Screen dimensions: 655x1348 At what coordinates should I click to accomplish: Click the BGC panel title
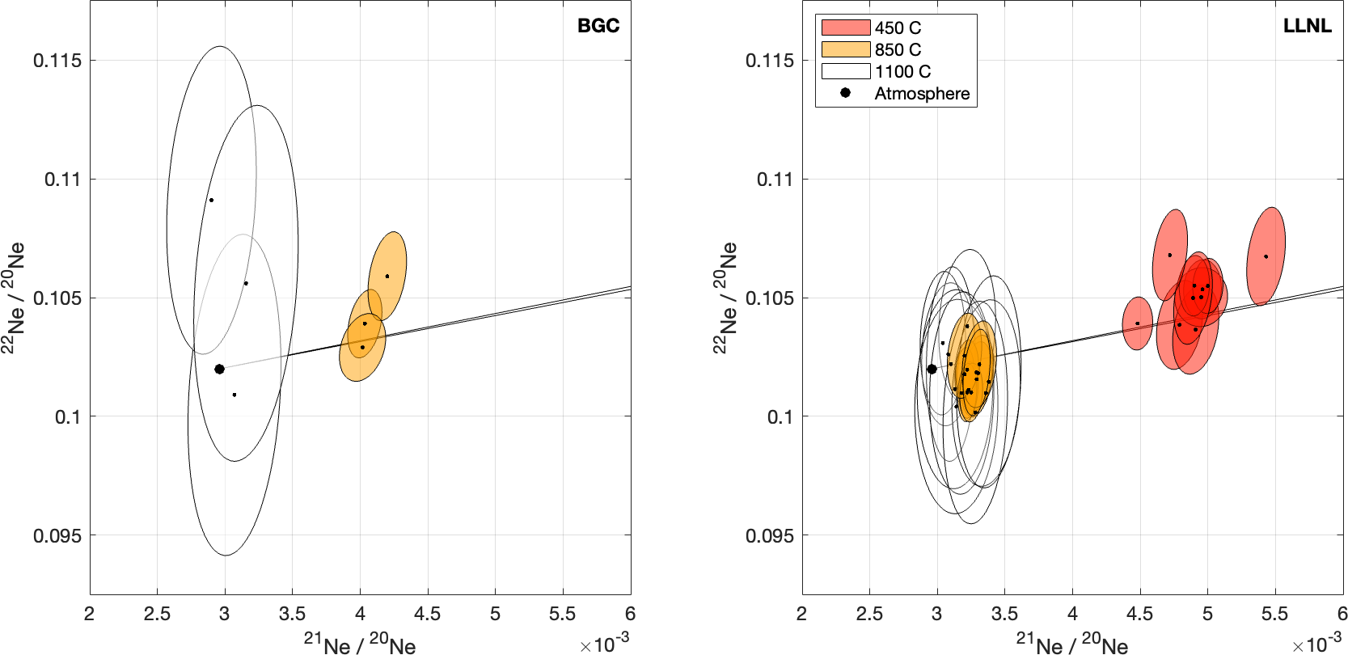tap(598, 26)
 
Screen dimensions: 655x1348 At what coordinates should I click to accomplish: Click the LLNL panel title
tap(1307, 26)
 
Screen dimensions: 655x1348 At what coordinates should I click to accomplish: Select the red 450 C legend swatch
tap(845, 27)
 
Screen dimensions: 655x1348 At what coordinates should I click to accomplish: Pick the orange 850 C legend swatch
tap(845, 49)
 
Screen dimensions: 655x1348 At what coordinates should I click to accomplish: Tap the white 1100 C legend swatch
tap(845, 71)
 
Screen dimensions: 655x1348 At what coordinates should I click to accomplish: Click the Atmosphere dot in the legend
tap(845, 93)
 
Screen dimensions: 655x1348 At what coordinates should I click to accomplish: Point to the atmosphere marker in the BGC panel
tap(219, 369)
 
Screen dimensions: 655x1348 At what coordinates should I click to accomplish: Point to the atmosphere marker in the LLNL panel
tap(932, 369)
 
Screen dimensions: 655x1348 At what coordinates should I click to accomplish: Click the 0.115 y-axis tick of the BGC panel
tap(57, 61)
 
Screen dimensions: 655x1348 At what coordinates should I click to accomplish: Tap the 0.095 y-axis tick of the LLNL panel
tap(770, 535)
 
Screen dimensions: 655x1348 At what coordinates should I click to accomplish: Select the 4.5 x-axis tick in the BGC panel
tap(427, 614)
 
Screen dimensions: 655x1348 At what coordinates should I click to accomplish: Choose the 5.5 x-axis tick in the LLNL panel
tap(1274, 614)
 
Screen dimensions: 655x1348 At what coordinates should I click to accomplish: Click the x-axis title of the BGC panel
tap(360, 644)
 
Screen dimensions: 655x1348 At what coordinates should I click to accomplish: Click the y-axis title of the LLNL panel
tap(725, 298)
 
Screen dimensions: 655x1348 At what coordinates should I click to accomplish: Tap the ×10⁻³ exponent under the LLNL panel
tap(1316, 644)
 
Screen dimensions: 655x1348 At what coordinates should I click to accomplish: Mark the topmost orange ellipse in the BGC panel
tap(387, 275)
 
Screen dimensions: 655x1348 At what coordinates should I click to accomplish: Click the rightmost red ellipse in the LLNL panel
tap(1266, 256)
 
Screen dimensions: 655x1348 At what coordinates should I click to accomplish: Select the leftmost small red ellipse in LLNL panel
tap(1138, 323)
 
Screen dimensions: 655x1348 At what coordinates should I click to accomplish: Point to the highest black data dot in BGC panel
tap(211, 200)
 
